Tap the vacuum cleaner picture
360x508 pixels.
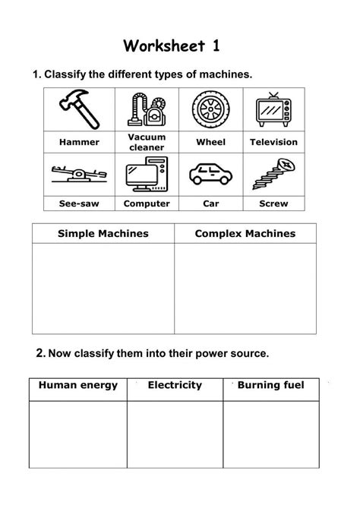[147, 110]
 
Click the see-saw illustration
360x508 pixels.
[79, 174]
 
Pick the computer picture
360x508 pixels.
[147, 174]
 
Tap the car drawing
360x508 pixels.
[210, 175]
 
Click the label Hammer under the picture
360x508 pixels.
[79, 142]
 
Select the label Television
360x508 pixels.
[273, 142]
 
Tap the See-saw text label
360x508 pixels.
[79, 204]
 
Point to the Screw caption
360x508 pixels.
[273, 204]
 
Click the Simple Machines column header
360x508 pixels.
[103, 233]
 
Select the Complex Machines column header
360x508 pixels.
[245, 233]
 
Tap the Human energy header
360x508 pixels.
[78, 386]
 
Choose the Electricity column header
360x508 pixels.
[175, 386]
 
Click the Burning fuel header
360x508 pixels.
[270, 386]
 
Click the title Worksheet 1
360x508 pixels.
[173, 46]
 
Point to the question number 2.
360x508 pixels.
[40, 353]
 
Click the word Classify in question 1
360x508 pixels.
[66, 74]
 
